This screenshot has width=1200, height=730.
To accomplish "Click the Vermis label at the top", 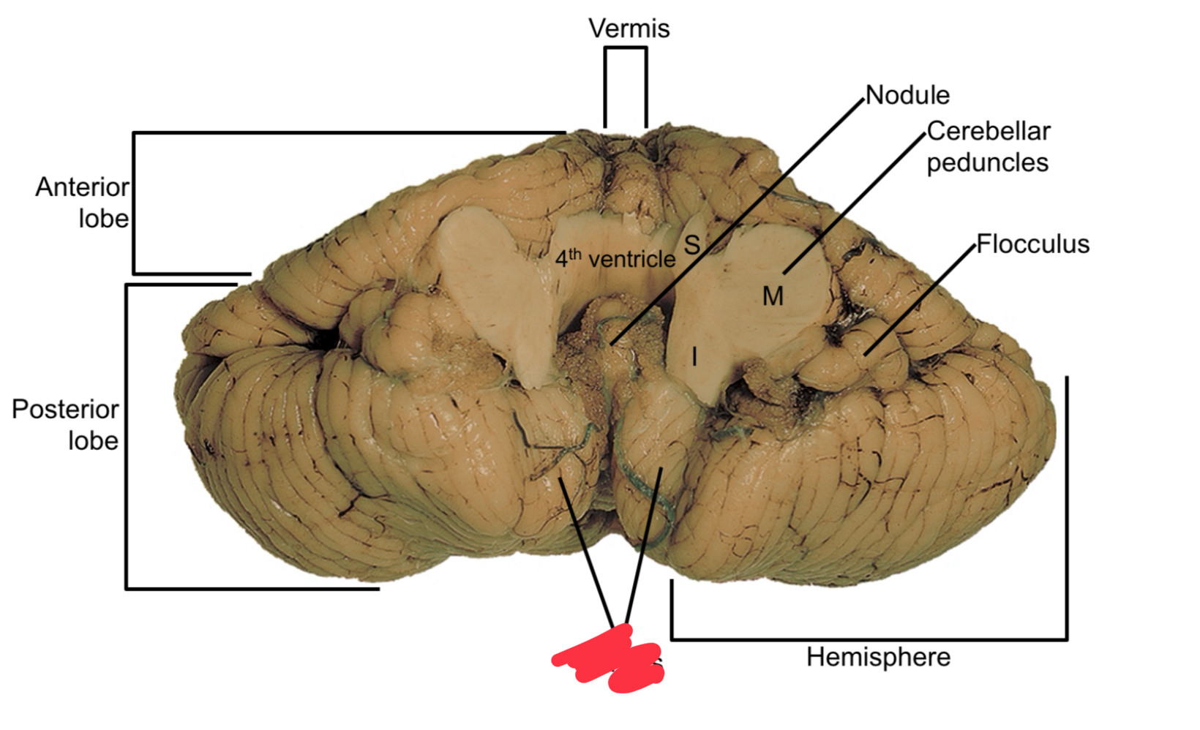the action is click(629, 29).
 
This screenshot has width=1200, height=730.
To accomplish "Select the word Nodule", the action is click(907, 95).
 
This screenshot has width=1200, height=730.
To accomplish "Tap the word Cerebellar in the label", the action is click(988, 132).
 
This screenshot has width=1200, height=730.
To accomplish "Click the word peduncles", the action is click(987, 162).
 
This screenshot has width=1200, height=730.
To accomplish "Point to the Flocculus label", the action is click(1032, 244).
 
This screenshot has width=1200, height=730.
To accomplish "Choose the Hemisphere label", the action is click(878, 657).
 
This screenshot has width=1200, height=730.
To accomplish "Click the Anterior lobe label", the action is click(82, 203).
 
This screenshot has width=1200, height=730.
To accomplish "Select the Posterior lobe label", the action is click(65, 424).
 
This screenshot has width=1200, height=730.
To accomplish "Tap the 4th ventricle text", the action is click(615, 258).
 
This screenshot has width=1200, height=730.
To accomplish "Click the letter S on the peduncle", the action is click(691, 245).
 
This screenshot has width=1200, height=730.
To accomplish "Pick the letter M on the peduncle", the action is click(773, 296).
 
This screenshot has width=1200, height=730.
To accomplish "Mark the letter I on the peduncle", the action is click(694, 357).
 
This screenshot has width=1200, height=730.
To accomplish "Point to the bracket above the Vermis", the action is click(626, 49).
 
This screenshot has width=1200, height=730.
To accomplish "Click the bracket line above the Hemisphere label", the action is click(869, 639).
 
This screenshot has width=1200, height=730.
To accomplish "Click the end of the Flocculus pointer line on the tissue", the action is click(866, 355).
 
